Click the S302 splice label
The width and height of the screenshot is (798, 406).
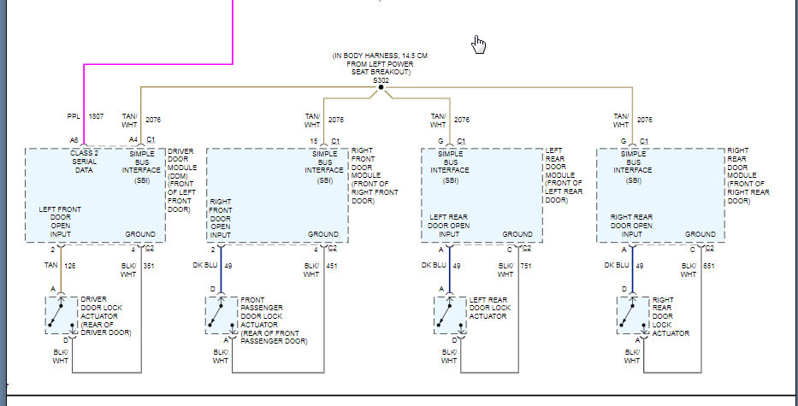[x=380, y=81]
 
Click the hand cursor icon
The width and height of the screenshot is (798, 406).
[x=480, y=44]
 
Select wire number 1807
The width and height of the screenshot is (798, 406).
[x=96, y=116]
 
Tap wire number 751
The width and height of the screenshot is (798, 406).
[x=527, y=265]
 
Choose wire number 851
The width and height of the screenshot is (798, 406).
[x=710, y=265]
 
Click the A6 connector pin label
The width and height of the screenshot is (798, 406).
[x=75, y=140]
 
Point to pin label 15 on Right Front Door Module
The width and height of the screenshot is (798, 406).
[x=314, y=140]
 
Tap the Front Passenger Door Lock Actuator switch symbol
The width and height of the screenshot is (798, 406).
[x=221, y=314]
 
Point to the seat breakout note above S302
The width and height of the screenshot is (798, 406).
[x=381, y=64]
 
